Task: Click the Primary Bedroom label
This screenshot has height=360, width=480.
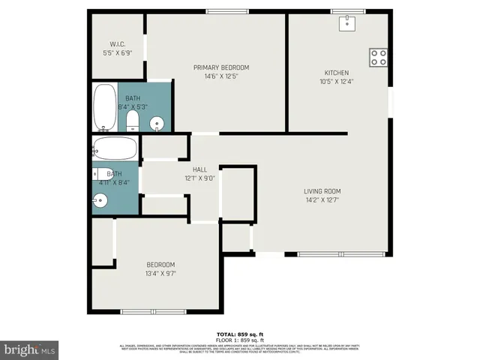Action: (x=220, y=67)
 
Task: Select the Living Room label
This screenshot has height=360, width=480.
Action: (x=322, y=190)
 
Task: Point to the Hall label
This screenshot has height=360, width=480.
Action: (x=199, y=169)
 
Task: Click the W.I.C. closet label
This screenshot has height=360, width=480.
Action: (x=116, y=44)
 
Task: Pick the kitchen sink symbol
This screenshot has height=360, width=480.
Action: (x=347, y=24)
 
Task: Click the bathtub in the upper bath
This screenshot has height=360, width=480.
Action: (x=104, y=108)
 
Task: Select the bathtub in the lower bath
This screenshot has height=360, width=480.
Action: (x=115, y=146)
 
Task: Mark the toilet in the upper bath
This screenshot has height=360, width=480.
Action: (x=133, y=120)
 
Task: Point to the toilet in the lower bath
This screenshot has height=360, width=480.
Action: (x=104, y=174)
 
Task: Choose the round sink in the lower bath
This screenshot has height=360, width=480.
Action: (x=100, y=199)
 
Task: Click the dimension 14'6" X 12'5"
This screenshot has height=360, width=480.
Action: (x=220, y=76)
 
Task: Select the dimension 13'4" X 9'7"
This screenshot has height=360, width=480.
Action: (x=160, y=274)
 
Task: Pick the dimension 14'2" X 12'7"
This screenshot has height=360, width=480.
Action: (x=322, y=199)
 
